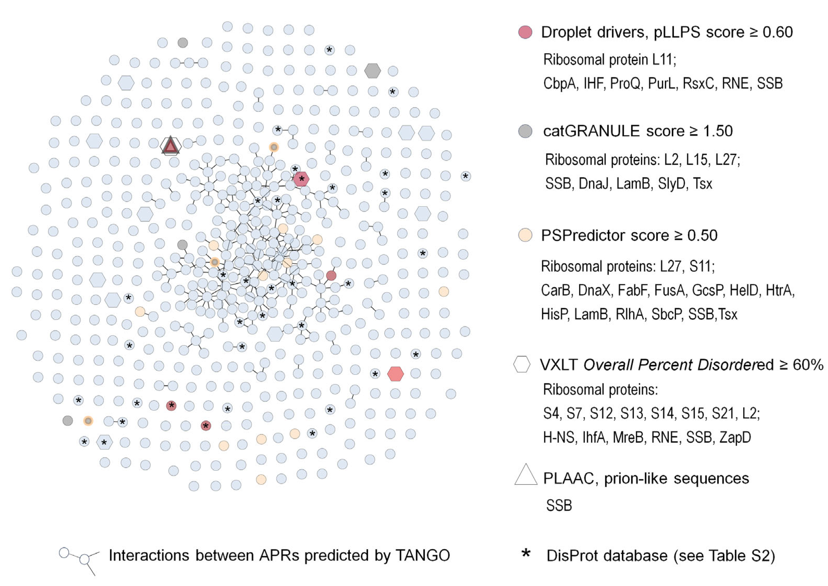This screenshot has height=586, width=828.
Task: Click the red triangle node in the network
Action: point(170,146)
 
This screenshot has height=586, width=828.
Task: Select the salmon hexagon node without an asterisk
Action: point(395,374)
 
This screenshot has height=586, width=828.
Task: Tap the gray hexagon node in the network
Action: point(372,71)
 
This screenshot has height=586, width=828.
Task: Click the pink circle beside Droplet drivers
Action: point(525,32)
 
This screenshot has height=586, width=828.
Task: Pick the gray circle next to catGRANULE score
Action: point(525,131)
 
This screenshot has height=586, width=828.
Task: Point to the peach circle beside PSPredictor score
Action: point(525,235)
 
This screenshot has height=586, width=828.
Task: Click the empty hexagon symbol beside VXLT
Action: point(522,364)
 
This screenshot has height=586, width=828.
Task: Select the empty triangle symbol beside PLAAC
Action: point(526,475)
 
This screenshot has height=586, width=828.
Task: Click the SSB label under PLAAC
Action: point(559,505)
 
